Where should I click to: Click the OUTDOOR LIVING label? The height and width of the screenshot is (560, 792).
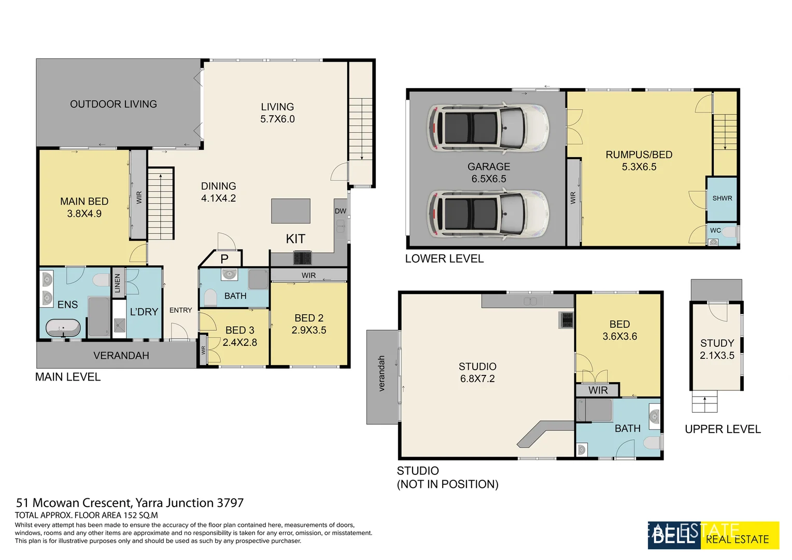click(x=114, y=104)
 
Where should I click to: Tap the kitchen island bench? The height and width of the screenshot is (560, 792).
click(x=291, y=211)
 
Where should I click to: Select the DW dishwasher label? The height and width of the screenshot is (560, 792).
click(x=340, y=211)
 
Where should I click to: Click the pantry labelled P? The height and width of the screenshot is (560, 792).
click(x=224, y=259)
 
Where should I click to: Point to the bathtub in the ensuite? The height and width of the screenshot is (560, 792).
click(x=63, y=328)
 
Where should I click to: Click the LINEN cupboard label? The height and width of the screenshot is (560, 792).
click(x=118, y=283)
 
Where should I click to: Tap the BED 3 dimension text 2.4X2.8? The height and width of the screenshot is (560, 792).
click(x=239, y=342)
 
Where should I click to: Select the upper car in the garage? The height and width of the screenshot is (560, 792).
click(x=488, y=128)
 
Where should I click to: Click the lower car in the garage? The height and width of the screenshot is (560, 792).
click(x=488, y=214)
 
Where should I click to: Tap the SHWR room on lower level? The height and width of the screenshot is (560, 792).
click(x=722, y=199)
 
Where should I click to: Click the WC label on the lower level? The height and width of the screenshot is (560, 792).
click(x=715, y=230)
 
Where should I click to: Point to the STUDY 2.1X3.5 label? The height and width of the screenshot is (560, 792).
click(x=717, y=349)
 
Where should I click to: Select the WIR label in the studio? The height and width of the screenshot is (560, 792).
click(x=598, y=390)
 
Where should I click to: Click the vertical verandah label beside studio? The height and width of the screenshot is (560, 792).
click(x=382, y=373)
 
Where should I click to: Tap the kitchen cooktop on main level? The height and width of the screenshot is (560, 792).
click(x=303, y=258)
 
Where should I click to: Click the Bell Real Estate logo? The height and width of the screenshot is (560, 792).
click(x=713, y=535)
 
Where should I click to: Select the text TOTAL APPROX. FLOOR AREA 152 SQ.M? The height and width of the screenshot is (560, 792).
click(x=87, y=515)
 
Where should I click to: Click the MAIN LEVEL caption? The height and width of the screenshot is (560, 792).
click(x=68, y=377)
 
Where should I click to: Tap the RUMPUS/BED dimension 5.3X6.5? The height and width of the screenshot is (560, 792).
click(x=639, y=167)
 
